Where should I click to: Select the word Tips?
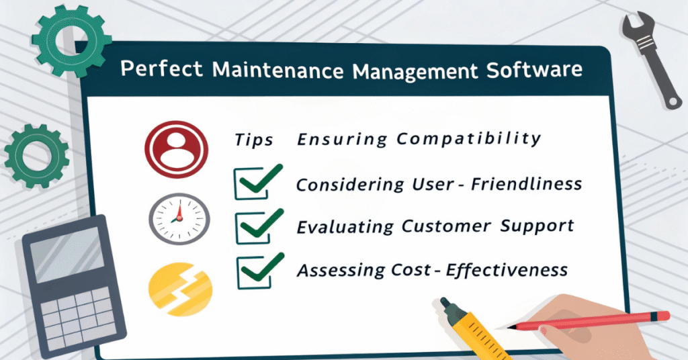[x=254, y=140]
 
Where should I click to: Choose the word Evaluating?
[x=345, y=226]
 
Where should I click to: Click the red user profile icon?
[x=173, y=148]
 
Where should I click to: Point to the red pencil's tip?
[x=511, y=327]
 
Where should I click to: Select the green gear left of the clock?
[x=36, y=155]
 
